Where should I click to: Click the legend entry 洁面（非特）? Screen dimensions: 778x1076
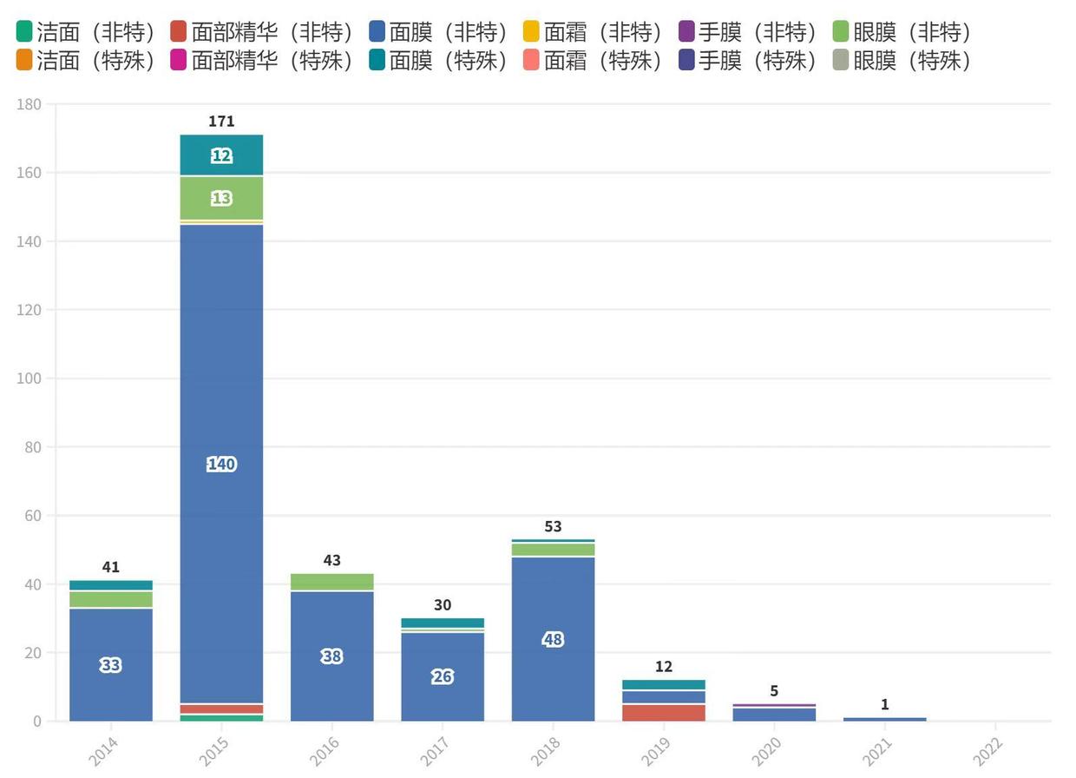[85, 33]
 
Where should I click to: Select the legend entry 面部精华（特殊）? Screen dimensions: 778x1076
[263, 61]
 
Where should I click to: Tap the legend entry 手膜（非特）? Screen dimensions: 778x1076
[748, 33]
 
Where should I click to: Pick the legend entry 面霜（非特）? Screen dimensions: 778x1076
[594, 33]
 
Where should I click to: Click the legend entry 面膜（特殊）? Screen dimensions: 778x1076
[438, 61]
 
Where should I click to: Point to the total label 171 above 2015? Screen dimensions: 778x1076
[221, 122]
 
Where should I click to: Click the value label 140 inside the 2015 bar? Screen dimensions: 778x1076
[221, 465]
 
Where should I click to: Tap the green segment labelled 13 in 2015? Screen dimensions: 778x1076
[221, 199]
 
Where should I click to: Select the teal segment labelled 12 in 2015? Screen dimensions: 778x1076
[221, 156]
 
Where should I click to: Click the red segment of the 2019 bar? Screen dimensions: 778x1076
[664, 713]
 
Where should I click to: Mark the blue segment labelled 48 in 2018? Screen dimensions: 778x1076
[553, 640]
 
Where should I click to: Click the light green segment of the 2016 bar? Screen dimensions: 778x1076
[332, 582]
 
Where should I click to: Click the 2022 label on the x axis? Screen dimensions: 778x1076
[988, 749]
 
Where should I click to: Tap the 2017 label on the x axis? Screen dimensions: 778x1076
[436, 749]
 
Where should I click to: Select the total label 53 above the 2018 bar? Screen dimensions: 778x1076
[553, 527]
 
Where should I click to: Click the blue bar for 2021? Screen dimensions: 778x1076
[885, 719]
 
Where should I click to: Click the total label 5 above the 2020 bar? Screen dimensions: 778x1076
[774, 691]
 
